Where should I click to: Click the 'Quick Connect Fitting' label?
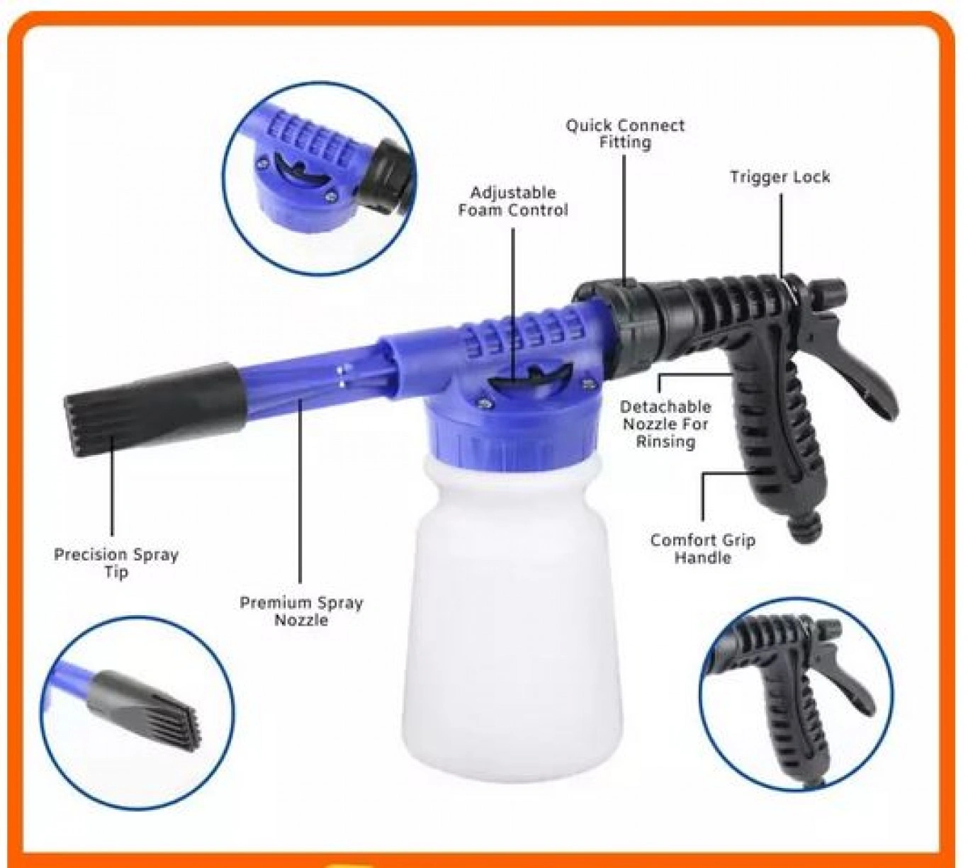625,134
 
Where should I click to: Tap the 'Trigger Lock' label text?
780,176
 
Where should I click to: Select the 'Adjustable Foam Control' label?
513,202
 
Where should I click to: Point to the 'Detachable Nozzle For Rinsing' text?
665,424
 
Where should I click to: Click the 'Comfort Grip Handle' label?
703,549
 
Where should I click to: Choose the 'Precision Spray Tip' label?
116,563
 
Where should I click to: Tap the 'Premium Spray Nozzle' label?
301,611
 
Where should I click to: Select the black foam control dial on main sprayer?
530,378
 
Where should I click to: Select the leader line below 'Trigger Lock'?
782,237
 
